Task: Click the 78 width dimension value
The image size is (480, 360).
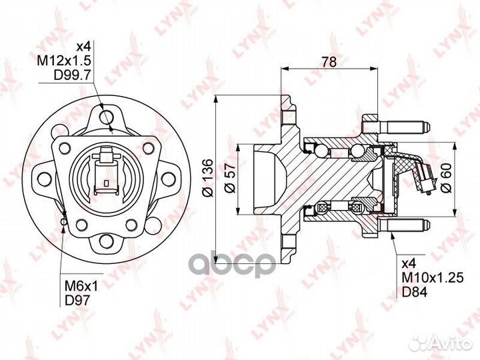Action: pyautogui.click(x=329, y=62)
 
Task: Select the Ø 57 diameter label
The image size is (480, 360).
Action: pyautogui.click(x=230, y=178)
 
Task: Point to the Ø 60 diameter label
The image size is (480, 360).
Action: pyautogui.click(x=447, y=178)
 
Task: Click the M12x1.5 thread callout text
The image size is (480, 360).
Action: pyautogui.click(x=64, y=61)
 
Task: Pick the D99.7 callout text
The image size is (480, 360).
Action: pyautogui.click(x=72, y=75)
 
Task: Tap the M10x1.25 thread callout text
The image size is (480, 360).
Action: pyautogui.click(x=433, y=278)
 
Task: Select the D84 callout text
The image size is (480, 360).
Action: pyautogui.click(x=414, y=293)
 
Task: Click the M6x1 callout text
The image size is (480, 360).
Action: pyautogui.click(x=81, y=286)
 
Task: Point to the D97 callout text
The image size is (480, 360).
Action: pyautogui.click(x=77, y=301)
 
